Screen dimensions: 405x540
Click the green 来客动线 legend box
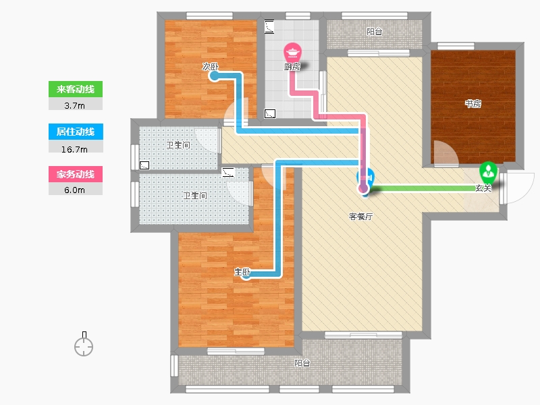coord(75,89)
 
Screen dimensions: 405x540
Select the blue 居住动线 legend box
coord(75,132)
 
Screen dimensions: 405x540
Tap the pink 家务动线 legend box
coord(75,174)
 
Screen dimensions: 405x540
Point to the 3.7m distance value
coord(75,105)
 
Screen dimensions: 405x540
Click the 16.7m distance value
coord(75,147)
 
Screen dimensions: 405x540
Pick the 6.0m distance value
coord(75,190)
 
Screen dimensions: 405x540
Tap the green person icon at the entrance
coord(487,171)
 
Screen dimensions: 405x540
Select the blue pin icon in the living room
coord(364,181)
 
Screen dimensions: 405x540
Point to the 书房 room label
coord(473,104)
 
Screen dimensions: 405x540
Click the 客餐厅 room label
coord(360,217)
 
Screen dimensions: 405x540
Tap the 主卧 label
coord(242,272)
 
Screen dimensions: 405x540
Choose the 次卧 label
coord(210,67)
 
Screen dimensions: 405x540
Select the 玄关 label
coord(483,188)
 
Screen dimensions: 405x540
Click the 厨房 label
coord(292,67)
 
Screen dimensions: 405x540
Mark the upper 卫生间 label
coord(178,144)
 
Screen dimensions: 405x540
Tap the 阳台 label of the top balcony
coord(375,31)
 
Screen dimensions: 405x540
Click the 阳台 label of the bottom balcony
coord(302,363)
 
